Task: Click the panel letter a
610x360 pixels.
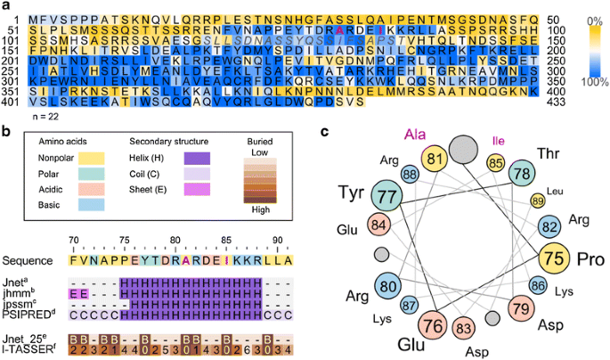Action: pos(5,7)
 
